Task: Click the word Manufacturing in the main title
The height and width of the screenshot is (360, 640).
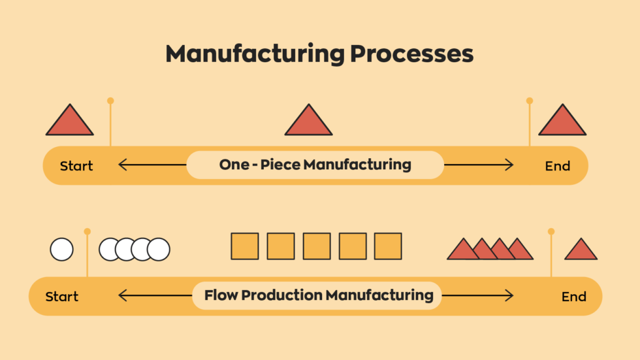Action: click(x=255, y=54)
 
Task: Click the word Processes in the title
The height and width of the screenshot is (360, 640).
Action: click(x=412, y=54)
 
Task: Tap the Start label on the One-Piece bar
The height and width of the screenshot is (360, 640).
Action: click(x=76, y=166)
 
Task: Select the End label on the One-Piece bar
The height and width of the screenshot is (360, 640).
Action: click(x=558, y=166)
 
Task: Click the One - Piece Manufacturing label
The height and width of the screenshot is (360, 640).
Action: click(x=315, y=165)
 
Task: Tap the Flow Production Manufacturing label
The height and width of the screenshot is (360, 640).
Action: click(x=319, y=295)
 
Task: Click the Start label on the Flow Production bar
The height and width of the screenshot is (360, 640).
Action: click(x=62, y=297)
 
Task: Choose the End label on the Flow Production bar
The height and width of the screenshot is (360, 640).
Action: click(x=574, y=297)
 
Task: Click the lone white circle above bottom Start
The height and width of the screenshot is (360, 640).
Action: click(x=62, y=249)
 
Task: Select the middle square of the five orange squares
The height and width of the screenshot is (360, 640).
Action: click(x=317, y=246)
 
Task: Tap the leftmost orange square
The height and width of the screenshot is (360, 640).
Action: click(x=245, y=246)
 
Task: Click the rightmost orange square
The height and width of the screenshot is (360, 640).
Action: click(x=388, y=246)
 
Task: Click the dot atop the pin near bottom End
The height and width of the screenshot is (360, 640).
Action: click(x=551, y=231)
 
